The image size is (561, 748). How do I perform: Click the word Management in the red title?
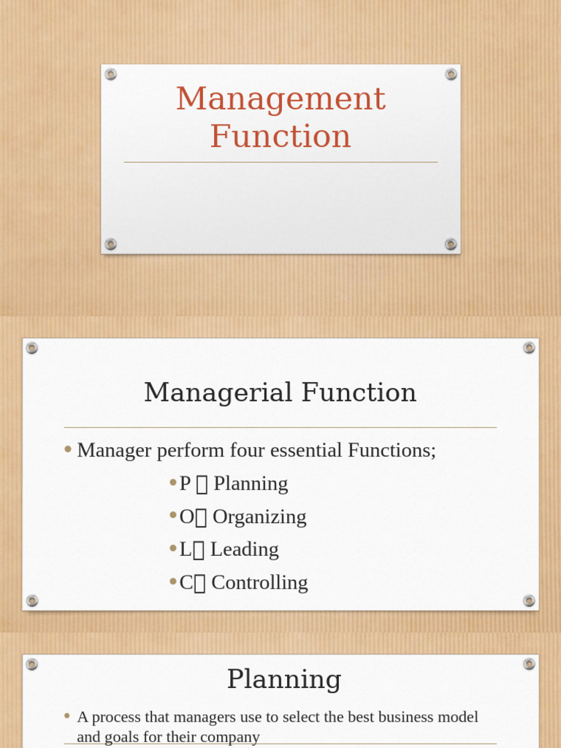coord(280,99)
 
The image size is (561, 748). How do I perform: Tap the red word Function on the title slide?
coord(280,137)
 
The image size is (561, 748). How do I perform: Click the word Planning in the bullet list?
coord(251,484)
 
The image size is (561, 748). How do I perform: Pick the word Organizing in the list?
coord(259,516)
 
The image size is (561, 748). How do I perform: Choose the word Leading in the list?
coord(244,549)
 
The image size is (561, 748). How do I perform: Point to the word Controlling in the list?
coord(259,582)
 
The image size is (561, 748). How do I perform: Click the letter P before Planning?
coord(185,484)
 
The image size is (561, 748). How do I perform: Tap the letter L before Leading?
coord(185,549)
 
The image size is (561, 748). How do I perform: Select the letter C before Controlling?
coord(186,582)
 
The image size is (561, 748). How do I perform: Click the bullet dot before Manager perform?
coord(68,450)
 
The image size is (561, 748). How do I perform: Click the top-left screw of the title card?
coord(110,74)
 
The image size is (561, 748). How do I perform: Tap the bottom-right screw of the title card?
coord(451,244)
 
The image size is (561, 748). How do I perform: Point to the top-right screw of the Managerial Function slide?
coord(529,348)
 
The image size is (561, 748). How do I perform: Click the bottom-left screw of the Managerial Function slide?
coord(32,600)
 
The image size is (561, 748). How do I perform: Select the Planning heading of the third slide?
coord(284,679)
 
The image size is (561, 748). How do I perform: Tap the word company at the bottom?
coord(231,737)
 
